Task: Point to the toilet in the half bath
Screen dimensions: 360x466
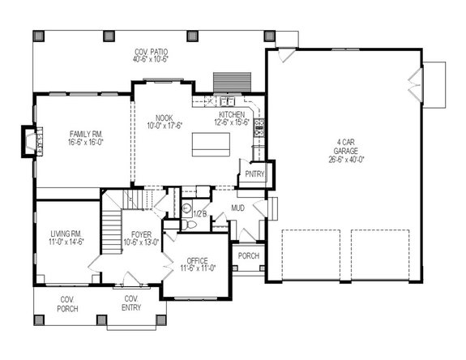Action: pyautogui.click(x=186, y=207)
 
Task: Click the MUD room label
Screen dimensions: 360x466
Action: pyautogui.click(x=237, y=208)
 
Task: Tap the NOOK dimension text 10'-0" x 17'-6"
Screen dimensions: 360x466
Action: pyautogui.click(x=165, y=124)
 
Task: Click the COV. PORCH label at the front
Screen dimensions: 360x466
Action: pyautogui.click(x=67, y=304)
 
